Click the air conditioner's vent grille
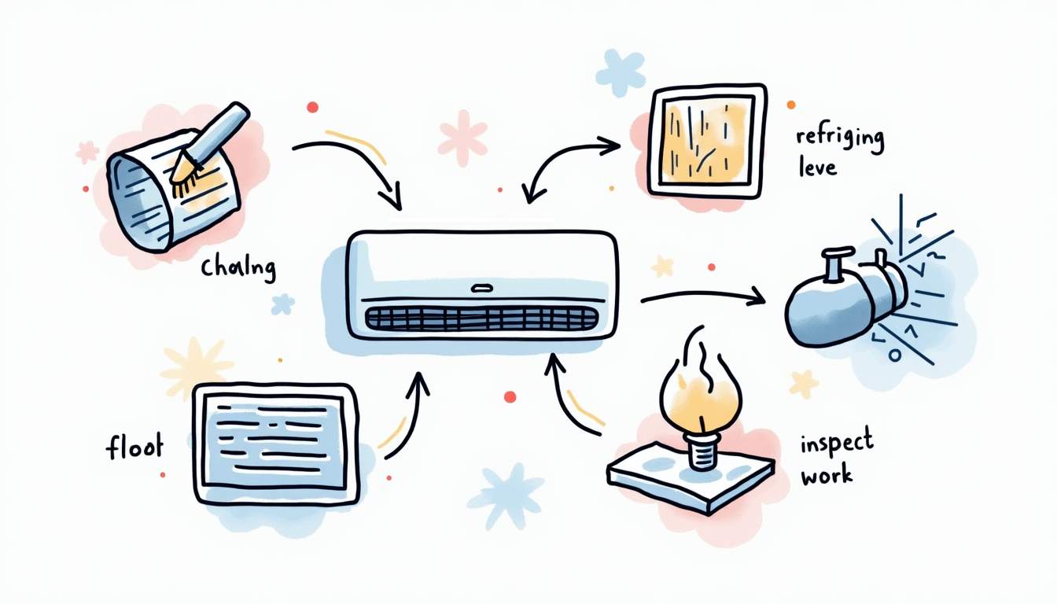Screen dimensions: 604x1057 481,319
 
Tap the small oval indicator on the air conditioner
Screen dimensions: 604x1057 481,288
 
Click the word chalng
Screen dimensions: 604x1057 238,268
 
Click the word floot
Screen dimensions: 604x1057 134,448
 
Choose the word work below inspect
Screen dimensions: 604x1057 827,475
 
